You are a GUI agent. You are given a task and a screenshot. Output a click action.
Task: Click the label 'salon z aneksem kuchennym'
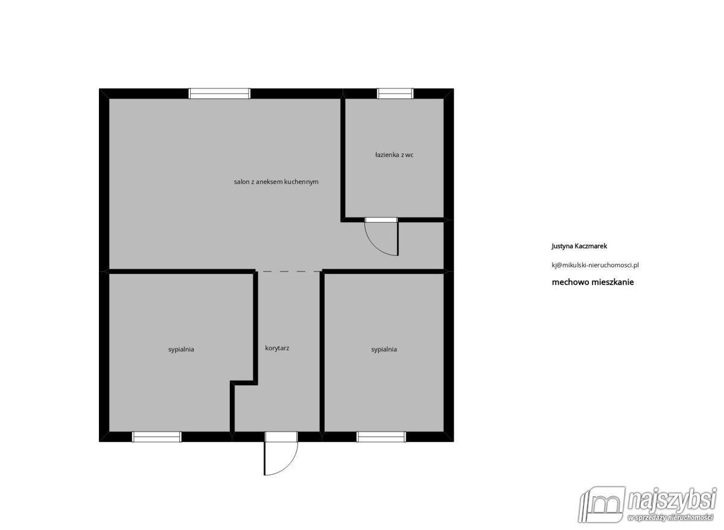click(x=276, y=182)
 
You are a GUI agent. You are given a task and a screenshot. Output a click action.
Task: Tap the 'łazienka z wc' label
click(x=394, y=155)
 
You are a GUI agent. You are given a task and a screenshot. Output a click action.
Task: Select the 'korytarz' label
click(x=277, y=348)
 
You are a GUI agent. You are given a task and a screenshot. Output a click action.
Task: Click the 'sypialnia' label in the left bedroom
click(x=181, y=350)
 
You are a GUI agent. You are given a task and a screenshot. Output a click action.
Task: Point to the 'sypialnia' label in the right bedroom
click(x=384, y=350)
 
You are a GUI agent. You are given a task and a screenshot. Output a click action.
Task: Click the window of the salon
click(x=220, y=94)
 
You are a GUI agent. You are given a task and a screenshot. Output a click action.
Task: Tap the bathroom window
click(x=395, y=94)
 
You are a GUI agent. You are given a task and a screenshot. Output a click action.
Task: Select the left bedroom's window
click(x=157, y=437)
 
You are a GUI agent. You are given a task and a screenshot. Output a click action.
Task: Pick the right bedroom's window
click(x=381, y=437)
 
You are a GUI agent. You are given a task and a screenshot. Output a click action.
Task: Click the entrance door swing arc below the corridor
click(x=288, y=465)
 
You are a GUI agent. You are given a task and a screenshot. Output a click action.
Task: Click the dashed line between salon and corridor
click(x=288, y=271)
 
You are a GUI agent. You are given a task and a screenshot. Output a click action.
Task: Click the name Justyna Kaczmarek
click(x=579, y=246)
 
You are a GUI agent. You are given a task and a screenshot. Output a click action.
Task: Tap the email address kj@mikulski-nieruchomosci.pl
click(x=595, y=265)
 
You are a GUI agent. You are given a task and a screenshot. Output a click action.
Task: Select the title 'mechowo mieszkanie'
click(x=592, y=282)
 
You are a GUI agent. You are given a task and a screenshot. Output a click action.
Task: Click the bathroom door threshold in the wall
click(x=381, y=220)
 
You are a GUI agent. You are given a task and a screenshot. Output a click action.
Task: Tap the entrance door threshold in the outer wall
click(x=281, y=437)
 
